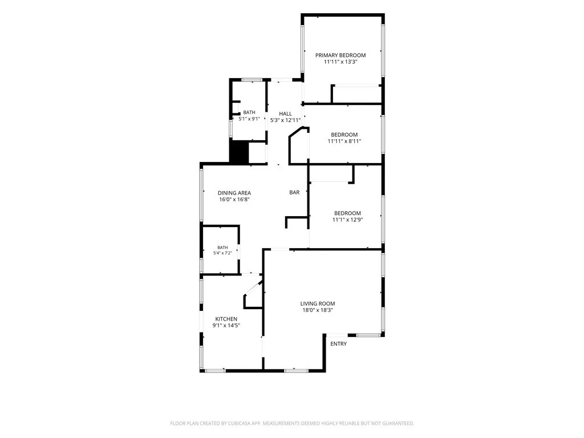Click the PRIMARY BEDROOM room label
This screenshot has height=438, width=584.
[x=340, y=55]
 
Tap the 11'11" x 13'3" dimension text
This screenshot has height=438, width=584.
[x=340, y=62]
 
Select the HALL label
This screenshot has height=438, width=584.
[x=285, y=113]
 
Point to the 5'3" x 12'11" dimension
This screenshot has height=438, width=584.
[x=285, y=120]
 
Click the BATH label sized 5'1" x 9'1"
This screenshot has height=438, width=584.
[x=249, y=112]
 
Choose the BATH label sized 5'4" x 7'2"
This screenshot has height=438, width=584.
[x=222, y=248]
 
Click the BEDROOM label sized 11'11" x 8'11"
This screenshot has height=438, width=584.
[x=344, y=135]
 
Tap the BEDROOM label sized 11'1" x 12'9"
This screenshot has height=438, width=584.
[x=347, y=213]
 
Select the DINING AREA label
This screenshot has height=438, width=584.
[x=234, y=193]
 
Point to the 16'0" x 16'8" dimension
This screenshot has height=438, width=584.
[x=234, y=200]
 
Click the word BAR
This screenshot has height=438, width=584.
[x=294, y=193]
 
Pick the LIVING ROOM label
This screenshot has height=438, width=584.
[x=318, y=303]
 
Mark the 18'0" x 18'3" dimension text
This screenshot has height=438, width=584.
[x=318, y=310]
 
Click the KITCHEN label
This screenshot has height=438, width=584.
[x=226, y=319]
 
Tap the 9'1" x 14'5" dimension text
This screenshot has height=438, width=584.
[x=226, y=326]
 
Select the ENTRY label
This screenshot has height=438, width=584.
[x=339, y=344]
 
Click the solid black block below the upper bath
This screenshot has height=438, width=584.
[x=239, y=152]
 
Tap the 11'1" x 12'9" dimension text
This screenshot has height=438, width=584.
[x=347, y=220]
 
